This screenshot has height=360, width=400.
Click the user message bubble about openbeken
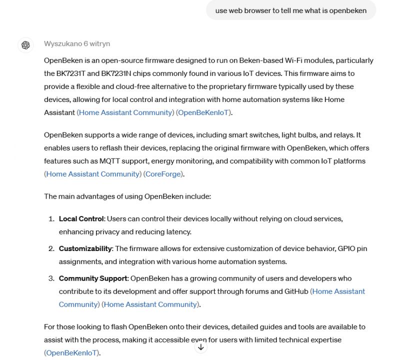290,10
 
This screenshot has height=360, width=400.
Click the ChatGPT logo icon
25,45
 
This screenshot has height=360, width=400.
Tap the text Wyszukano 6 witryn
77,43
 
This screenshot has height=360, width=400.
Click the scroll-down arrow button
200,347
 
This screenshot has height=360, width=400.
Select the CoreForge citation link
164,174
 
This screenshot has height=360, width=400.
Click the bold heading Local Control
81,219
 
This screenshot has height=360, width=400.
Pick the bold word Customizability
85,248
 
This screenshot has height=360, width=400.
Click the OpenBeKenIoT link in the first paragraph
204,112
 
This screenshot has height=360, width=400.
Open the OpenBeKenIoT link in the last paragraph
72,353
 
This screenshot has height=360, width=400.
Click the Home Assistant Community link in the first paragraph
125,112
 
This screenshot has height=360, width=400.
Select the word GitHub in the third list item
294,291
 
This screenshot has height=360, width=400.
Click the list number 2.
51,248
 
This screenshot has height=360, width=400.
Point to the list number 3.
51,278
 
